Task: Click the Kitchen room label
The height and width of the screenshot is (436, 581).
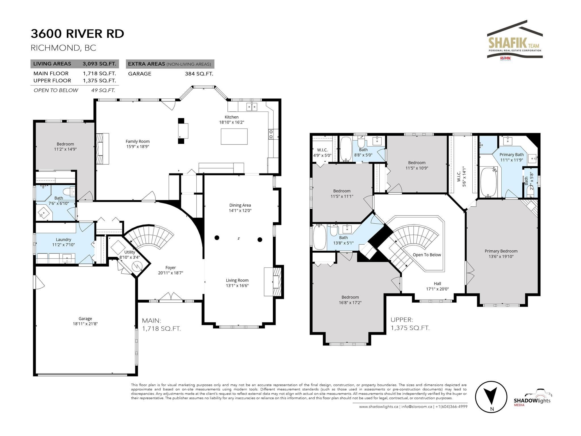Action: (x=231, y=117)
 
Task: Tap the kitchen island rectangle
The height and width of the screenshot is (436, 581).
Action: (x=234, y=137)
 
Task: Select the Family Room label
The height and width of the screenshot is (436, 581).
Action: (x=138, y=141)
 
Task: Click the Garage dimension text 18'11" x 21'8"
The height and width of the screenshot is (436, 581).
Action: (x=85, y=324)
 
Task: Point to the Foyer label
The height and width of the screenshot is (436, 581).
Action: (x=170, y=268)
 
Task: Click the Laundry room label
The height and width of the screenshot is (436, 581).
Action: (x=64, y=240)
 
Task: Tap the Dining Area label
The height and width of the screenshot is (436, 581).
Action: (x=240, y=205)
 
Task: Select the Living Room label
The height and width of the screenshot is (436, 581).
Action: (x=237, y=280)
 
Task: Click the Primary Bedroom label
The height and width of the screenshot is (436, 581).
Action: (x=501, y=251)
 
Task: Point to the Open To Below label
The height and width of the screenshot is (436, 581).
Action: (x=427, y=255)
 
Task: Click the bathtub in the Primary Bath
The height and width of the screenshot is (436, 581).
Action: (x=489, y=182)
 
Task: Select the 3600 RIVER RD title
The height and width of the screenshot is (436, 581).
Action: (x=77, y=33)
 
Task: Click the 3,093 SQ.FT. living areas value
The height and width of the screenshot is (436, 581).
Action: (x=99, y=64)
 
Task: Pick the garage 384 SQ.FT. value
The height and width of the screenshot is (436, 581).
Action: (x=199, y=74)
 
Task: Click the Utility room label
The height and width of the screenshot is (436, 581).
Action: (x=130, y=252)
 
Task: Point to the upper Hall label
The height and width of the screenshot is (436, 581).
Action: (x=437, y=284)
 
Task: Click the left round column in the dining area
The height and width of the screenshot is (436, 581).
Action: (x=217, y=238)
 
